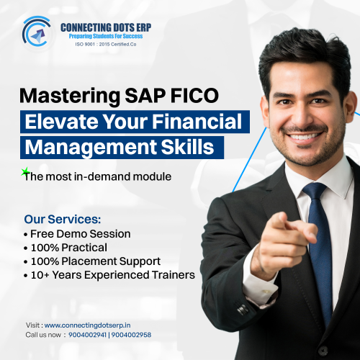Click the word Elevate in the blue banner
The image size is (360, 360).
pos(56,121)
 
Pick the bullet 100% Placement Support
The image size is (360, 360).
pos(92,261)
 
